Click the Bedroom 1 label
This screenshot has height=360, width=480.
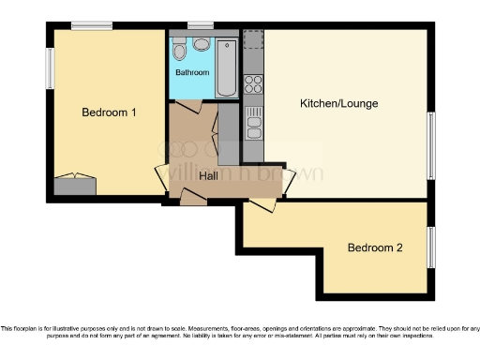pos(110,112)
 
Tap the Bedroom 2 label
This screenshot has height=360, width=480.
pos(375,248)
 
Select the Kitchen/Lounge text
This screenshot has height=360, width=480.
pos(338,103)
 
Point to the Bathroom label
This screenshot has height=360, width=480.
pos(191,72)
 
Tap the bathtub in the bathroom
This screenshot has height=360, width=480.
pos(227,67)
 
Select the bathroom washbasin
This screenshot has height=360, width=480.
pos(201,43)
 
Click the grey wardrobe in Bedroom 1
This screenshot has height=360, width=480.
pos(74,185)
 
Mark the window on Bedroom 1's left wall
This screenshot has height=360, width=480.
pos(51,68)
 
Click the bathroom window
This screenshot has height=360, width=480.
pos(200,25)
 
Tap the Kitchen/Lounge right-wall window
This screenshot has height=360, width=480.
pos(431,145)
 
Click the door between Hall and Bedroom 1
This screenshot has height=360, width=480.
pos(161,175)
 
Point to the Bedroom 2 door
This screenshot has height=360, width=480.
pos(262,203)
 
